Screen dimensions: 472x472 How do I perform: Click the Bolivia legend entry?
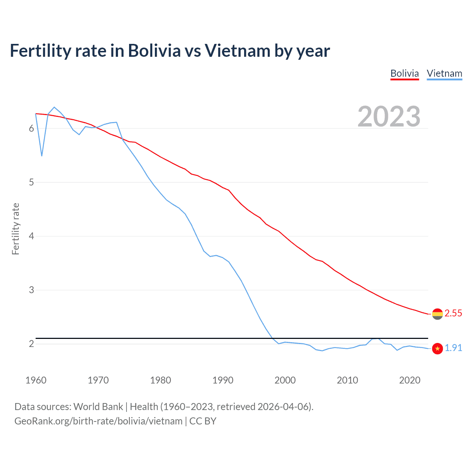405,73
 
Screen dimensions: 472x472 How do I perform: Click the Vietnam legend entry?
444,73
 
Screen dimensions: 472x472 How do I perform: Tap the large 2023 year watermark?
389,117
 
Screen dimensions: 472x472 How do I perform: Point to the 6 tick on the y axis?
31,128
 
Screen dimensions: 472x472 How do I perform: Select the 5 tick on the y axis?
31,182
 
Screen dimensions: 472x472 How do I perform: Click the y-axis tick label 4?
31,236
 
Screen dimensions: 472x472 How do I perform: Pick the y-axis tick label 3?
31,290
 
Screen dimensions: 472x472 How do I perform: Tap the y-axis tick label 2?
31,344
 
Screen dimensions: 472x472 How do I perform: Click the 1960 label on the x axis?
36,380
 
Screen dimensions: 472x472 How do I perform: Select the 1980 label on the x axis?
160,380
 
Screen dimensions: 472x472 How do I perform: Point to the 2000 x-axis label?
285,380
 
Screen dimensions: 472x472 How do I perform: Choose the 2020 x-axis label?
410,380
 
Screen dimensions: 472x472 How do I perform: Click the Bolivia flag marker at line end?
437,314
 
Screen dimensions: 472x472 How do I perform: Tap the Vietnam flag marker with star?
437,348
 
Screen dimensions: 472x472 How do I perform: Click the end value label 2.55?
453,313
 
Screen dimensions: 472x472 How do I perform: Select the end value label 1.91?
453,348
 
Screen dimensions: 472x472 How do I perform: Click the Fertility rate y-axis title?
15,229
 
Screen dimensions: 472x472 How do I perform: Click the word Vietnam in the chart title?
237,51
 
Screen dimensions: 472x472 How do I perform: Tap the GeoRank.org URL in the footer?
98,421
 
